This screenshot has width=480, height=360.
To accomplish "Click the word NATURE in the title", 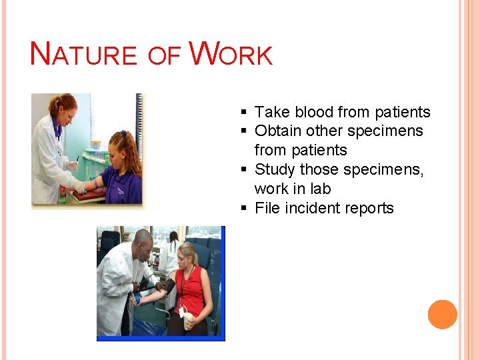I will [x=83, y=55].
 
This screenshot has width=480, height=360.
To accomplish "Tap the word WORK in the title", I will [x=231, y=55].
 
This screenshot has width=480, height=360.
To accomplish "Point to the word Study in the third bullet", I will [x=275, y=169].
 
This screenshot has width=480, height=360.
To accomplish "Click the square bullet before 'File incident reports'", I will [x=245, y=209].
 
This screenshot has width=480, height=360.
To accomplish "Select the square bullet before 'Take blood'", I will [x=245, y=113].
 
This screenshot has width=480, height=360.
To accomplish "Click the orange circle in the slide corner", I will [x=443, y=314].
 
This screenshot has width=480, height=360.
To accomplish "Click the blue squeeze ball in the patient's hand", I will [x=137, y=299].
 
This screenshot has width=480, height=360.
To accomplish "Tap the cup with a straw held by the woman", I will [x=187, y=319].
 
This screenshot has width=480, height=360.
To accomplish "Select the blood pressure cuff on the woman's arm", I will [x=167, y=287].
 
